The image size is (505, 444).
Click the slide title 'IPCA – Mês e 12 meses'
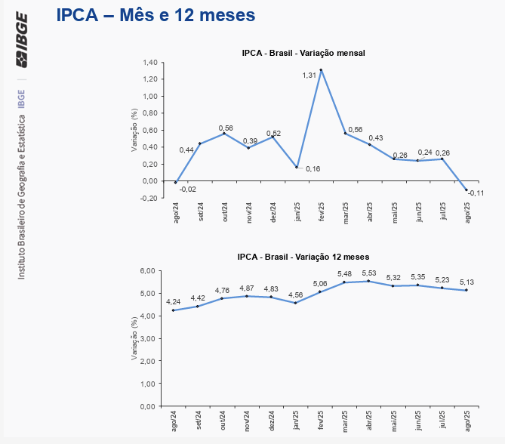point(156,14)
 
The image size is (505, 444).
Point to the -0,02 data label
point(188,190)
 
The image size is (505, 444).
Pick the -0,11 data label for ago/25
point(476,193)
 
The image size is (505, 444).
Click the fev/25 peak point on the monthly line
point(321,70)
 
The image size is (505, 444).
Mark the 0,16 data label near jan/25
point(313,168)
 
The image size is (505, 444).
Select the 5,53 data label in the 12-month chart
point(369,273)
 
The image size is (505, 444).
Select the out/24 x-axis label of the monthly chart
point(224,211)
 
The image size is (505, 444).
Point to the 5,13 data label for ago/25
point(467,282)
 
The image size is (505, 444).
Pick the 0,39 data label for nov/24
point(250,141)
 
